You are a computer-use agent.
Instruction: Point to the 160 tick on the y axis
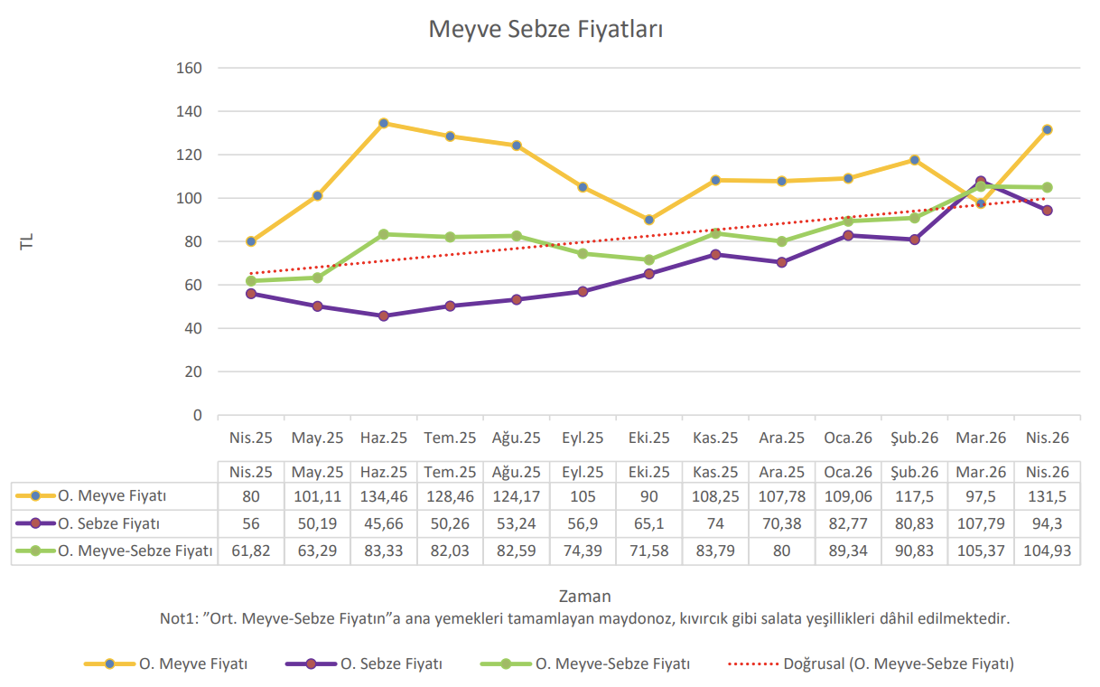point(189,68)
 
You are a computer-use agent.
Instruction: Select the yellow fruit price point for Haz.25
point(384,123)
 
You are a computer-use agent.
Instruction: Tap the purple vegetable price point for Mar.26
point(981,182)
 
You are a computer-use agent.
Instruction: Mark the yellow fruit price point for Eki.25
point(649,220)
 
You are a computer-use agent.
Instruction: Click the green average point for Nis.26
point(1048,188)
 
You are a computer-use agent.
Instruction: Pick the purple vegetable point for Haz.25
point(384,316)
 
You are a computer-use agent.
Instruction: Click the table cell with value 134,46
point(384,496)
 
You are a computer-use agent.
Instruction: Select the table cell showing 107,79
point(981,523)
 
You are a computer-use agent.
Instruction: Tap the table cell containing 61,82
point(250,551)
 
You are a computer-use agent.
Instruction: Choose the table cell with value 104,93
point(1048,551)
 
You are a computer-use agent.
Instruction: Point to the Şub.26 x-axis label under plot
point(914,438)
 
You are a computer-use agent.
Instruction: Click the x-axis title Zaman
point(584,596)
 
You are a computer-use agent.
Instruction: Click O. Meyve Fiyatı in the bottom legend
point(192,663)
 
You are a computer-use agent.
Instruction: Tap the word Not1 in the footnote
point(178,619)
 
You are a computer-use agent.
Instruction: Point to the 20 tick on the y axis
point(192,372)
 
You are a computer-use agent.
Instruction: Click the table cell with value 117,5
point(914,496)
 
